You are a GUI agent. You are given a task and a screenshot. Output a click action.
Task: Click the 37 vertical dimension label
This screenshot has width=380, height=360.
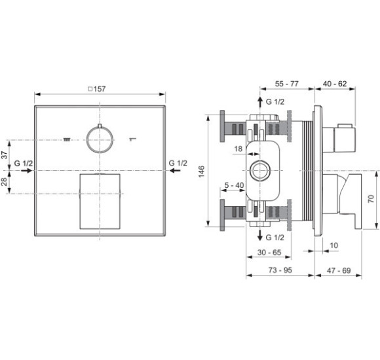click(x=5, y=155)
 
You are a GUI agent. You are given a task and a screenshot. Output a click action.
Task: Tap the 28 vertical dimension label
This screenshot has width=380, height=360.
click(x=5, y=181)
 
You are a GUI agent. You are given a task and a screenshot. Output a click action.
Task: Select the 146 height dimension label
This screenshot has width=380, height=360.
click(x=202, y=171)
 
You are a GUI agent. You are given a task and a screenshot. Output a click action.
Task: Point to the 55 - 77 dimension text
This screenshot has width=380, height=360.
click(x=287, y=84)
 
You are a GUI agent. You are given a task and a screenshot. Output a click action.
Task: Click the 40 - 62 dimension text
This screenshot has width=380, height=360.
click(x=335, y=84)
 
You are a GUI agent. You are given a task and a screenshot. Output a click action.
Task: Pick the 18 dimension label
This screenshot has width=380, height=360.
click(x=238, y=149)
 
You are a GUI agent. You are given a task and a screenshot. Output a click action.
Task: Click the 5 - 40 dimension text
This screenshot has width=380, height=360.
click(x=234, y=185)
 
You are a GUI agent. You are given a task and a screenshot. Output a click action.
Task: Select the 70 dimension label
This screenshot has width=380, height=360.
click(x=371, y=198)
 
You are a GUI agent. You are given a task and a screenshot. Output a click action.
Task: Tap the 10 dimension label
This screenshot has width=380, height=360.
click(x=333, y=245)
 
